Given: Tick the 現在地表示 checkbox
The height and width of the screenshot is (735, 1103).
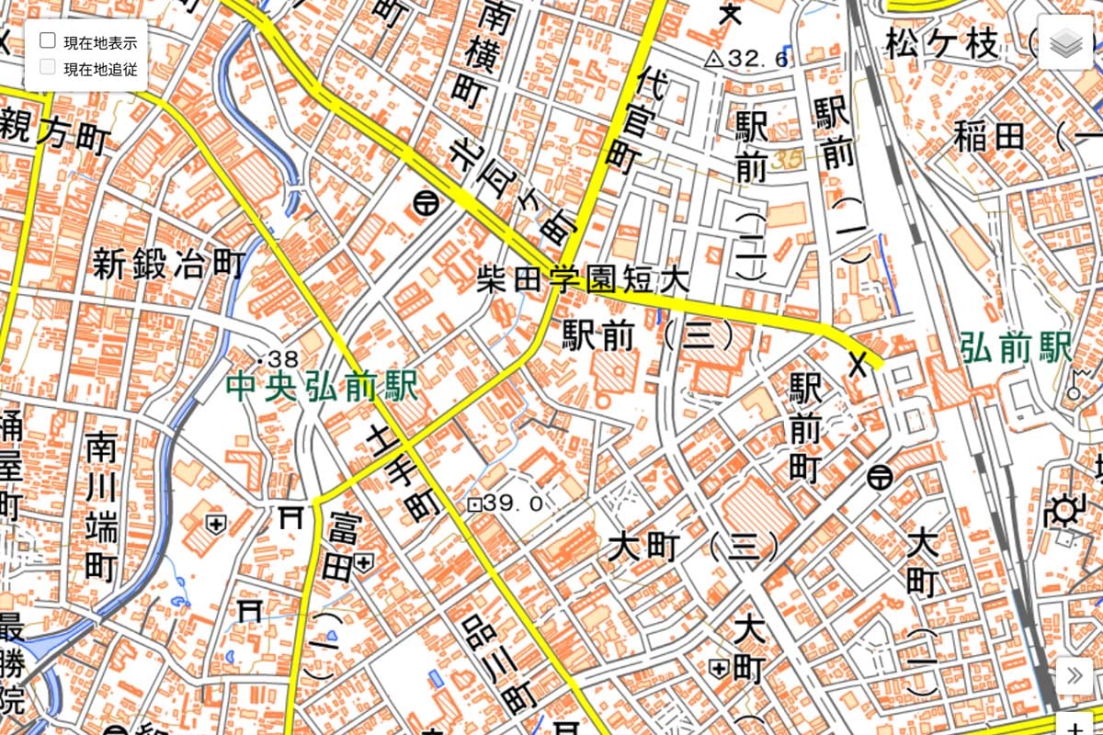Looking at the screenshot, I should pos(48,40).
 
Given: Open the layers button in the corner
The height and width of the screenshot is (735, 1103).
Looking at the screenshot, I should pos(1068,42).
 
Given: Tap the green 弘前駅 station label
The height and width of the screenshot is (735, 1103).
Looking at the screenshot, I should pos(1016,348).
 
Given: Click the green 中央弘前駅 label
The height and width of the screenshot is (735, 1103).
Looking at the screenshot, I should pos(321,385).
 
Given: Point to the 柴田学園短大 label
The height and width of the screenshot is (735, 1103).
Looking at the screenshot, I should pos(583,279).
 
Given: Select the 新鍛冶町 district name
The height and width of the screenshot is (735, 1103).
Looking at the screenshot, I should pos(169,266).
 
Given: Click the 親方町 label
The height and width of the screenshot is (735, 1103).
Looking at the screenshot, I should pos(55,134).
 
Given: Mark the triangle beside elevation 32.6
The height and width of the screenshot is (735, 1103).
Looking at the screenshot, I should pos(713,60).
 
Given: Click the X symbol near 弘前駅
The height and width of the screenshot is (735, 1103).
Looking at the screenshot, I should pos(859,364).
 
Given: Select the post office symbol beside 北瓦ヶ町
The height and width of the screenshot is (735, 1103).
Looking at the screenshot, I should pos(424,205).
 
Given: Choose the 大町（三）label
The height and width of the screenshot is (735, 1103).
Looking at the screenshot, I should pos(694,548).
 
